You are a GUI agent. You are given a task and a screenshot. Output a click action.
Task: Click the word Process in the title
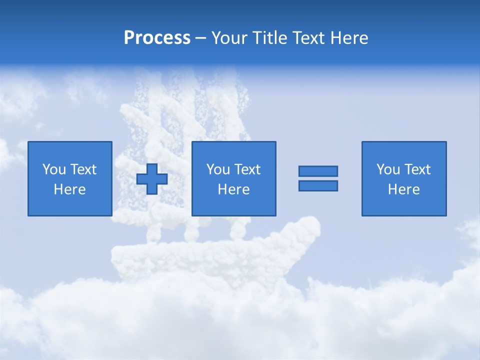157,38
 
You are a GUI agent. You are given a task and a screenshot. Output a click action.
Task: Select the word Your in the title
230,38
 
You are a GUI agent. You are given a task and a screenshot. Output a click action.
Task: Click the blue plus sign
152,178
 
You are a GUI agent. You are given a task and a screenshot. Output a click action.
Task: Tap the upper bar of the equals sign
318,171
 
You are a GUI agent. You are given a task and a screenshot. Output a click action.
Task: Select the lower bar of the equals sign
318,185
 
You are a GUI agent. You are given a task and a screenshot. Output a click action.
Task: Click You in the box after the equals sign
388,169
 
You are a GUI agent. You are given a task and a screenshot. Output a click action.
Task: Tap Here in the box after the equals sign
403,189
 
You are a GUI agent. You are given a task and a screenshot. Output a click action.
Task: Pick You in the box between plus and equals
218,169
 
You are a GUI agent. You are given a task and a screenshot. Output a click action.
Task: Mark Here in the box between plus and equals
233,189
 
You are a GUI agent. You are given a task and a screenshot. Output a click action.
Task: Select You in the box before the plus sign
54,169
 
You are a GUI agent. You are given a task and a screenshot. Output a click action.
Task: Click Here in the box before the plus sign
69,189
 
